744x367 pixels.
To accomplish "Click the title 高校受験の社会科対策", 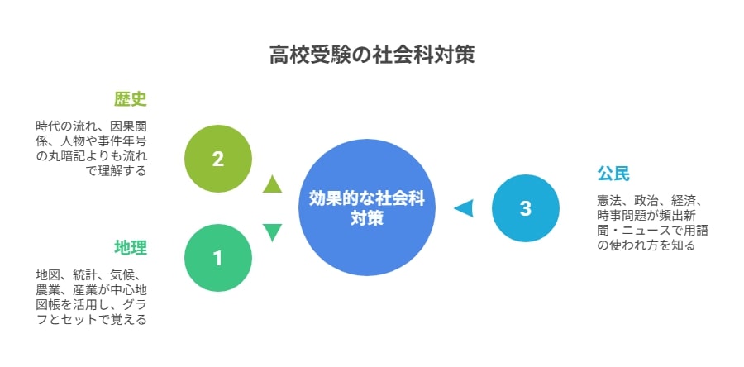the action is tap(371, 55).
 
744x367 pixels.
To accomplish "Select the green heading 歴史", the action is tap(131, 99).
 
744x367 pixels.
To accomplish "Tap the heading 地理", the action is tap(131, 247).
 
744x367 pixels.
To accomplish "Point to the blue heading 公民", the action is tap(613, 174).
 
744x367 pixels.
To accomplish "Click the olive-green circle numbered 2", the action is tap(217, 159).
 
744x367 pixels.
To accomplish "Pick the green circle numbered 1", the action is tap(217, 258).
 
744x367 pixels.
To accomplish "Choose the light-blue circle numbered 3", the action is tap(525, 208).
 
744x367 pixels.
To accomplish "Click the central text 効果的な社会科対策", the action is tap(367, 208).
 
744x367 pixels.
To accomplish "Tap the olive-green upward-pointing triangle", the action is tap(272, 184).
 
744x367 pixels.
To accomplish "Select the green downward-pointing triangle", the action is tap(272, 232).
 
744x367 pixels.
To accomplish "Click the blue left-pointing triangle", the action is tap(464, 208).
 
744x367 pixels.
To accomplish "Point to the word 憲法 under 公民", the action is tap(609, 200).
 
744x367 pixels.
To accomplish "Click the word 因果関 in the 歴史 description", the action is tap(129, 126).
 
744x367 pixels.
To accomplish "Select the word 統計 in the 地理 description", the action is tap(85, 275).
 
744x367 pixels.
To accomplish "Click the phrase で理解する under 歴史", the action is tap(116, 171).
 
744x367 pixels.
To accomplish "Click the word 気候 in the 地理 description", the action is tap(122, 275).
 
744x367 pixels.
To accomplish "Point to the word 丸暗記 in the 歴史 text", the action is tap(66, 156).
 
